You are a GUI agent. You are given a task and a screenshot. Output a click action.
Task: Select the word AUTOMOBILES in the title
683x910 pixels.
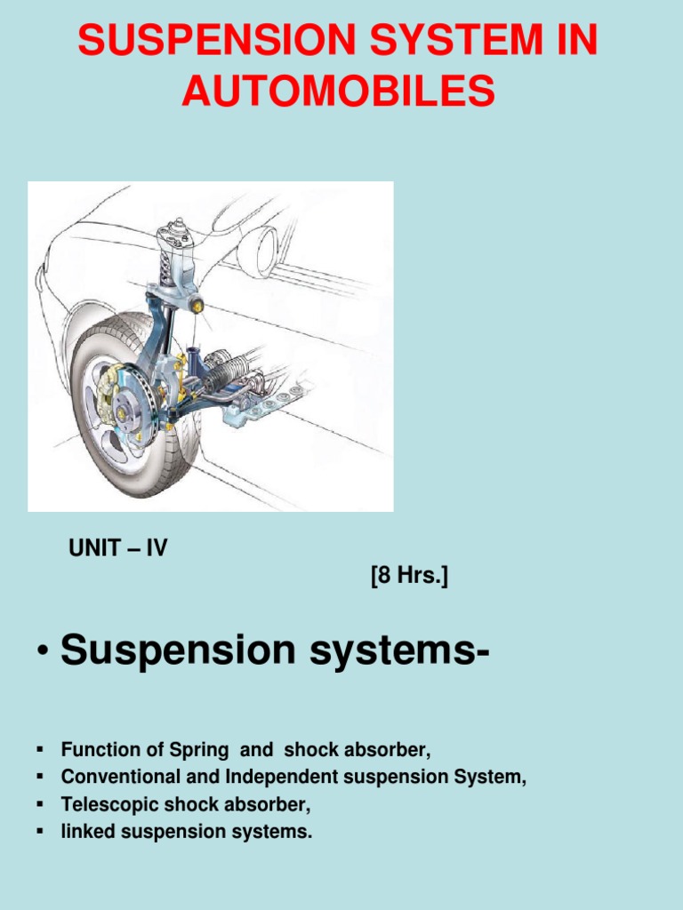(x=338, y=92)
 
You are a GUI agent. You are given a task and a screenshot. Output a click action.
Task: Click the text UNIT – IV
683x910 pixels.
(x=118, y=548)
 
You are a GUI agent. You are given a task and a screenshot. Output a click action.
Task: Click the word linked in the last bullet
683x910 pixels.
(x=81, y=833)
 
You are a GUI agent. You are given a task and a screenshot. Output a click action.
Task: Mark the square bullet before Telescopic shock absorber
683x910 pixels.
(x=40, y=804)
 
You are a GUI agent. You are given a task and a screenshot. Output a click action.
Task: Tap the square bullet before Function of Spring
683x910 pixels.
(x=40, y=749)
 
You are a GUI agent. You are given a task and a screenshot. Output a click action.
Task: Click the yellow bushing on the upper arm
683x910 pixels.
(x=197, y=306)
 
